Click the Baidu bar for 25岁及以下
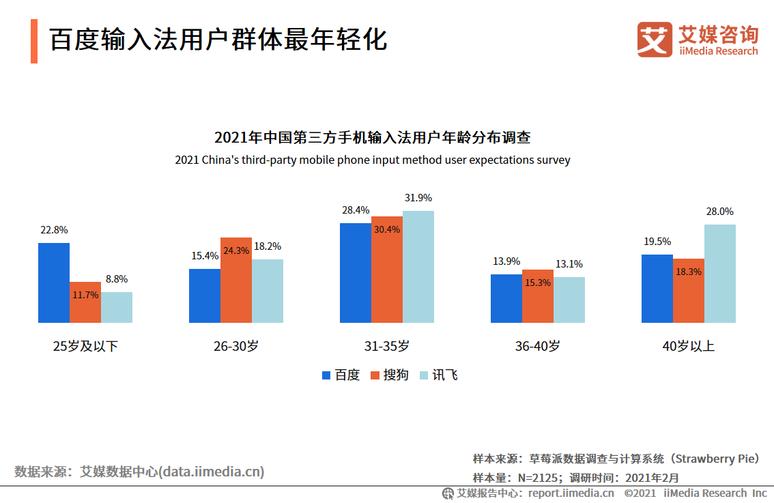[53, 283]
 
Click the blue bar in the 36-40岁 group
[506, 298]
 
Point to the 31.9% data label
[418, 198]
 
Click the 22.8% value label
[54, 230]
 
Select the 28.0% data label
[719, 212]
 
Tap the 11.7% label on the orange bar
[85, 295]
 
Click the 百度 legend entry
[341, 375]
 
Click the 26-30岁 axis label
[235, 346]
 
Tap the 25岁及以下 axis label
[85, 346]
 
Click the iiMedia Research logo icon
[655, 40]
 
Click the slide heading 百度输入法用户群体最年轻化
[218, 40]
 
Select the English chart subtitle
[372, 160]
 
